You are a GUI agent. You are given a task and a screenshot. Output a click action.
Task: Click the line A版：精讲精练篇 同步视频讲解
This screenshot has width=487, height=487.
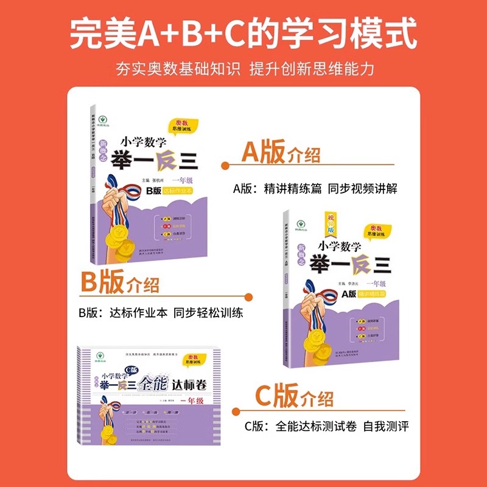[315, 188]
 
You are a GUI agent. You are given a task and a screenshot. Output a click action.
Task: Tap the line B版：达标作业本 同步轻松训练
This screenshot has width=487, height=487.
[161, 314]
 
